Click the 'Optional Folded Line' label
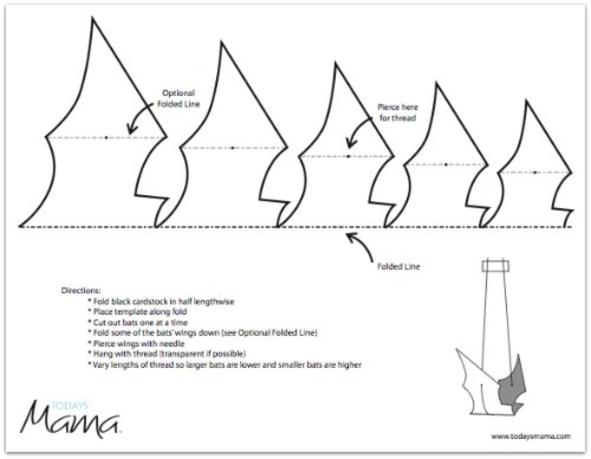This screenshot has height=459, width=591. tap(179, 99)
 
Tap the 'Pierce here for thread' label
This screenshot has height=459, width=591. tap(397, 112)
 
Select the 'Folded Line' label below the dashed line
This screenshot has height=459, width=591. tap(398, 266)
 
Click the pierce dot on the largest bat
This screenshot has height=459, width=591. tap(106, 138)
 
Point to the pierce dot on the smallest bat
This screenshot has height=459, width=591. tap(535, 173)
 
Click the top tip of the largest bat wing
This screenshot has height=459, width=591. tap(93, 18)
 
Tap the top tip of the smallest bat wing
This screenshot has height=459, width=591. tap(527, 101)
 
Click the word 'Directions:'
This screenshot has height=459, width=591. tap(81, 290)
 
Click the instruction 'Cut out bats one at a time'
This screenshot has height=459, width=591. tap(138, 322)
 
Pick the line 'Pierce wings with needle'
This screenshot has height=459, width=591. tap(136, 344)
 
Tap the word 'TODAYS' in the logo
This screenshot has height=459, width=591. tap(69, 406)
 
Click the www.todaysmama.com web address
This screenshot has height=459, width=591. tap(531, 436)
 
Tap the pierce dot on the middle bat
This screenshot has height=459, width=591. tap(348, 157)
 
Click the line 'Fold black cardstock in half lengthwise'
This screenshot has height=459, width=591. tap(161, 301)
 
